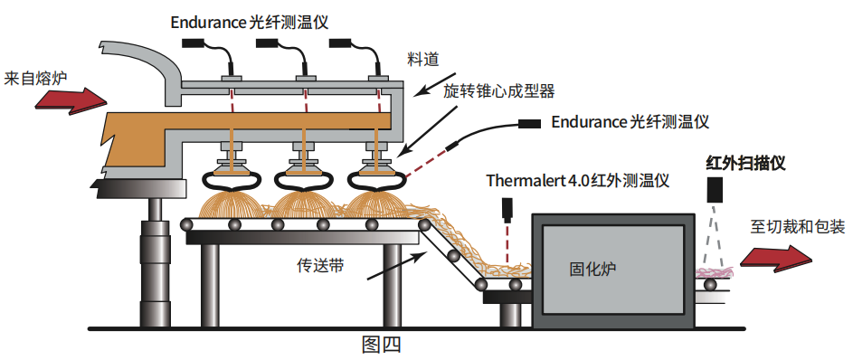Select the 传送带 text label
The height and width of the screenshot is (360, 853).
tap(320, 265)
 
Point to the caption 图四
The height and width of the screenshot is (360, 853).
tap(382, 345)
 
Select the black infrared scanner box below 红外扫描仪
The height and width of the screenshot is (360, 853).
tap(715, 187)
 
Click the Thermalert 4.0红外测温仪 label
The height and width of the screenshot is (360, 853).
tap(578, 180)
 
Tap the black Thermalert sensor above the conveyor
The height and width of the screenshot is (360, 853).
tap(508, 210)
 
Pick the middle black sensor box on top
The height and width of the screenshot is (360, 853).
tap(267, 43)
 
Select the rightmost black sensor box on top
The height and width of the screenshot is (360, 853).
tap(340, 43)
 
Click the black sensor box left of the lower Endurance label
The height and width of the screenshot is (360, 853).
tap(529, 124)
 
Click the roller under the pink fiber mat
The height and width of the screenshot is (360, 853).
tap(710, 284)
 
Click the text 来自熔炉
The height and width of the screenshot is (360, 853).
tap(34, 79)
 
